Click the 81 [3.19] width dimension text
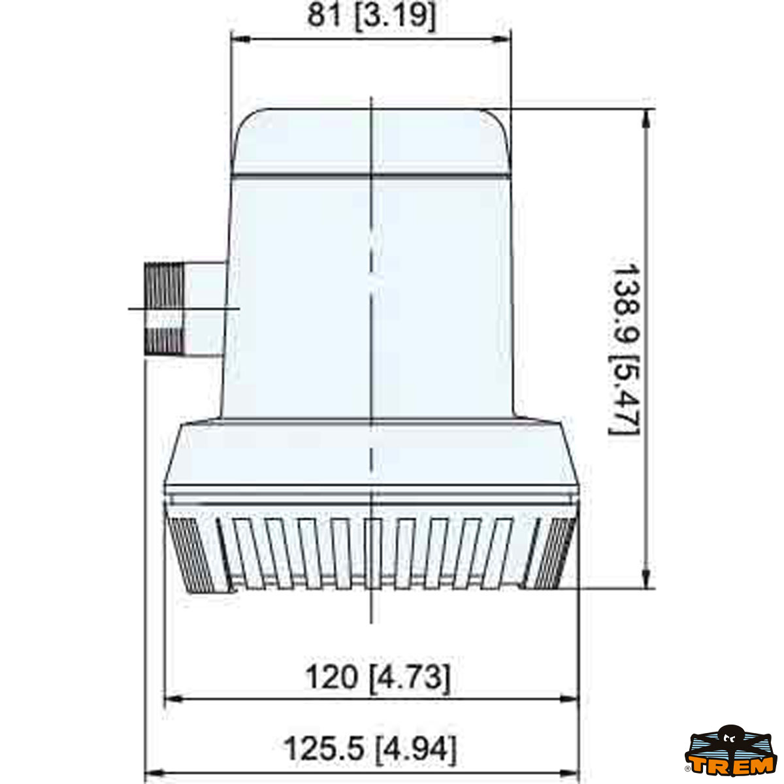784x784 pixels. (x=371, y=16)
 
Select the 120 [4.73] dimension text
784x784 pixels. (x=378, y=677)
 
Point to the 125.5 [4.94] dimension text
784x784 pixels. (x=370, y=749)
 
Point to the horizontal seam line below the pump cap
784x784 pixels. (x=371, y=175)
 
